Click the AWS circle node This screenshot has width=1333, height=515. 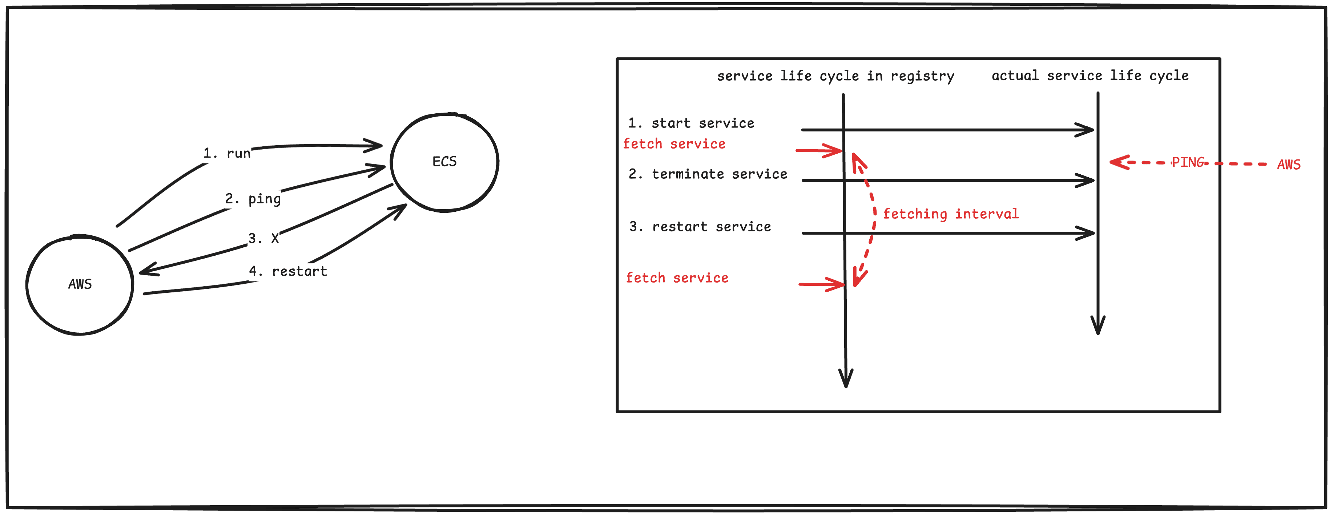(x=80, y=285)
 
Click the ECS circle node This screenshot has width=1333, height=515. (x=444, y=162)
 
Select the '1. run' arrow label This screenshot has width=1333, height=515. (x=227, y=154)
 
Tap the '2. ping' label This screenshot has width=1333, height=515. (x=253, y=199)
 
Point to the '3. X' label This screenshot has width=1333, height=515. (x=263, y=238)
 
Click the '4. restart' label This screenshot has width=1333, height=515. (x=288, y=271)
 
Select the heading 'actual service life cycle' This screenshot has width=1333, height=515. (x=1090, y=76)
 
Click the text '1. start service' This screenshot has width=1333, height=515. (x=691, y=123)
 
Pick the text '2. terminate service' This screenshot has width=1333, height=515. (x=707, y=174)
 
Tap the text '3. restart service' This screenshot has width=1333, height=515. (x=700, y=227)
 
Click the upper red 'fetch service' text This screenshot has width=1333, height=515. (x=674, y=144)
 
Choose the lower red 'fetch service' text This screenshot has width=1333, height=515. (x=677, y=278)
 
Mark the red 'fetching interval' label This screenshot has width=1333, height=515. (x=951, y=214)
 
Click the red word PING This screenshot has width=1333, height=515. (x=1188, y=162)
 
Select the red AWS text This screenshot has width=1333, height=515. (x=1289, y=165)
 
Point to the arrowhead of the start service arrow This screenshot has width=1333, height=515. (x=1088, y=130)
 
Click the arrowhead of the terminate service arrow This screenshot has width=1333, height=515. (x=1088, y=181)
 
